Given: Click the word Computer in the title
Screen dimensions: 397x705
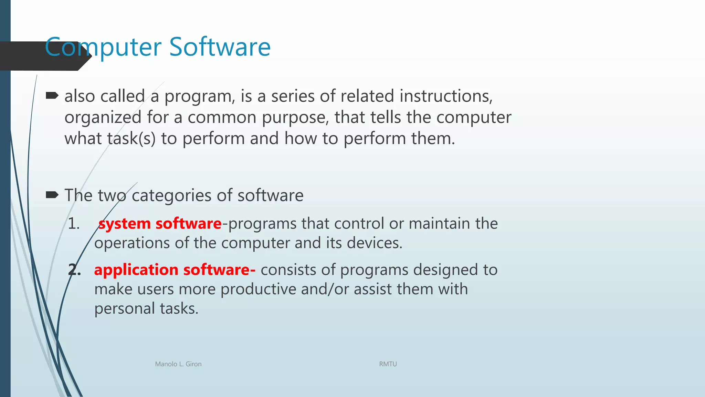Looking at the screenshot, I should pyautogui.click(x=103, y=47).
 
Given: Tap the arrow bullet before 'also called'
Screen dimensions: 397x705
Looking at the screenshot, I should pyautogui.click(x=52, y=95).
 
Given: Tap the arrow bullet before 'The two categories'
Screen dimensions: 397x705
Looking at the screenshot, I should pyautogui.click(x=52, y=195).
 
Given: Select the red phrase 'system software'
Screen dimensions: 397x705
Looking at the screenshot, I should pyautogui.click(x=160, y=224).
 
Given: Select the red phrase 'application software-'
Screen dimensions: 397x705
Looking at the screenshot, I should pyautogui.click(x=175, y=270).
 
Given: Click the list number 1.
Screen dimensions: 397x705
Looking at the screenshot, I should pyautogui.click(x=73, y=224).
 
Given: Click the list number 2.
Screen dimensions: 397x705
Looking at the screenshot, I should pyautogui.click(x=74, y=270).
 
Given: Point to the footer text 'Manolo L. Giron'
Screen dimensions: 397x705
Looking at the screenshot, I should pyautogui.click(x=178, y=364).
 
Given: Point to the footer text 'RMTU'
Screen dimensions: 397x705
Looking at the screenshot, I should pyautogui.click(x=388, y=364).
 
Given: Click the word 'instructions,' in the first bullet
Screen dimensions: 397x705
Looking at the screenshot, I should pyautogui.click(x=446, y=96).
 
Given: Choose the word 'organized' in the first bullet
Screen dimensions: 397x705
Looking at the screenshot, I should pyautogui.click(x=103, y=118).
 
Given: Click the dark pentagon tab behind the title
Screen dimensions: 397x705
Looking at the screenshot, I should pyautogui.click(x=24, y=56).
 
